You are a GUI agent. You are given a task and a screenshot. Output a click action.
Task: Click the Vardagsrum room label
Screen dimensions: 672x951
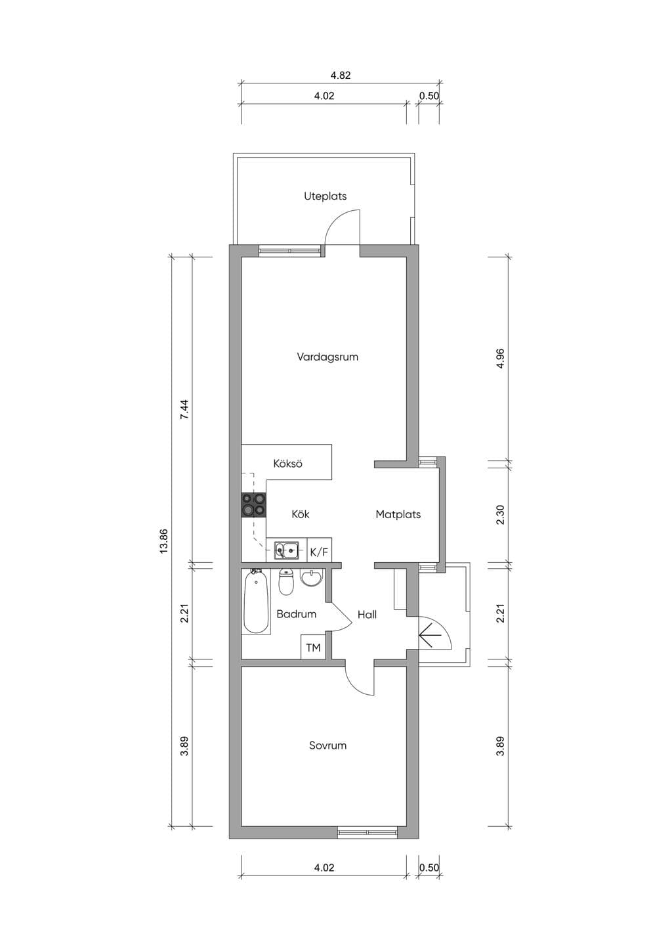tap(327, 357)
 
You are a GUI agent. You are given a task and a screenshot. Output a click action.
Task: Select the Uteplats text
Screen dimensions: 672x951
tap(325, 196)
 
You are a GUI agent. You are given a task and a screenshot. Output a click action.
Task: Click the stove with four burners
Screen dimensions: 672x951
tap(254, 505)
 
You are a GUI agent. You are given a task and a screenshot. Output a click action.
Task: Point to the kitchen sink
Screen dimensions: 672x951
tap(286, 551)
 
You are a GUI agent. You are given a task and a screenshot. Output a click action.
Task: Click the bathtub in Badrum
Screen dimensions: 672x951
tap(256, 602)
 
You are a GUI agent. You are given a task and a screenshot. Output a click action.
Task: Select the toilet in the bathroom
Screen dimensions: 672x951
tap(286, 582)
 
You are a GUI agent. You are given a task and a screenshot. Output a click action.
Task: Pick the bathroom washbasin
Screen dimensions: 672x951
tap(312, 577)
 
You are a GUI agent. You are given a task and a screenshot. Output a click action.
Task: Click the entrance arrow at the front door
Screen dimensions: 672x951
tap(430, 635)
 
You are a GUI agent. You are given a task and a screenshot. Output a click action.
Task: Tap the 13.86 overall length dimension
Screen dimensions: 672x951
tap(164, 541)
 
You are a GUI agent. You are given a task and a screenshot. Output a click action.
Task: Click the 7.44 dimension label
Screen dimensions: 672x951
tap(184, 410)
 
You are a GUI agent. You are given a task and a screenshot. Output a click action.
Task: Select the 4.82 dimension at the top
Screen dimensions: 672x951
tap(341, 75)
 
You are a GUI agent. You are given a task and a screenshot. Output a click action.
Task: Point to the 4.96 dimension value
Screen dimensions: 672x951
tap(500, 359)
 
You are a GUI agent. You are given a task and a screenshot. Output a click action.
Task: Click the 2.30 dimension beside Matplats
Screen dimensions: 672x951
tap(500, 514)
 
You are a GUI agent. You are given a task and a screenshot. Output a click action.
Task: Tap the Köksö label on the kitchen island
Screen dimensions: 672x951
tap(287, 464)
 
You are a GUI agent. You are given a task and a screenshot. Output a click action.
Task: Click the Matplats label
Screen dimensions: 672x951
tap(398, 514)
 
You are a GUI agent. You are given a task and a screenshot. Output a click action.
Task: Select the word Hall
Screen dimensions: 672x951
tap(367, 614)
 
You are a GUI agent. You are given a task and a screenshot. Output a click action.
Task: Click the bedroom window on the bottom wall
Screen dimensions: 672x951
tap(367, 832)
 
